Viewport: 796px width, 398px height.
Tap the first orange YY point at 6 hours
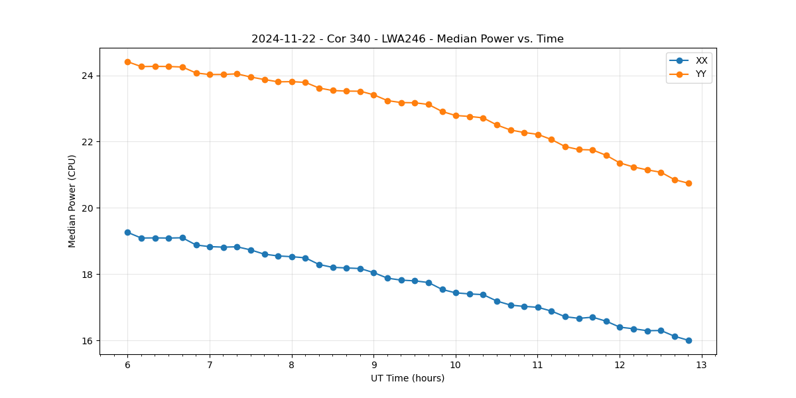tap(127, 62)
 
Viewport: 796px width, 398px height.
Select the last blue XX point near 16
tap(689, 340)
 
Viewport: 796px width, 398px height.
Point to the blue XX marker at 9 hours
tap(373, 273)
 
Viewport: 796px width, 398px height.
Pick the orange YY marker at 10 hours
tap(456, 115)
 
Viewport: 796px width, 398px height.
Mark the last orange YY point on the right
tap(689, 183)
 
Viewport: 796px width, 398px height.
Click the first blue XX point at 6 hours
tap(127, 232)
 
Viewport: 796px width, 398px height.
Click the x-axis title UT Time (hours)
tap(407, 378)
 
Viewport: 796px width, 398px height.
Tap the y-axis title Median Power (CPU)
tap(72, 201)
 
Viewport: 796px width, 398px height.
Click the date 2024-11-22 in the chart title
tap(277, 39)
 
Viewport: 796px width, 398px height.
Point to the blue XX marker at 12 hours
tap(620, 327)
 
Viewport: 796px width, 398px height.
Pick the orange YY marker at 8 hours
tap(292, 82)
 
